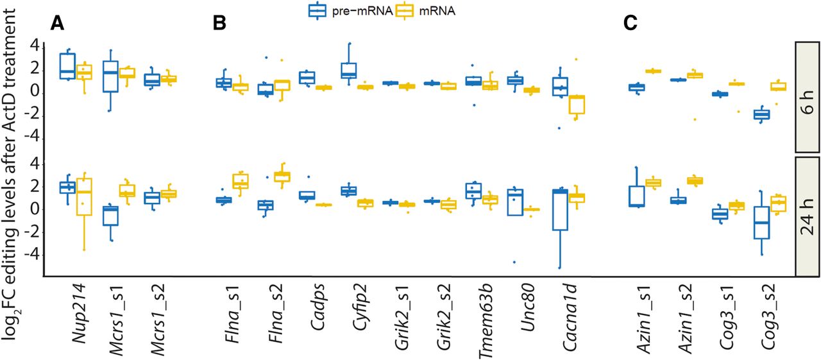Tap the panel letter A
(x=58, y=24)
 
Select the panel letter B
(x=219, y=24)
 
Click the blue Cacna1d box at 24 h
(x=561, y=210)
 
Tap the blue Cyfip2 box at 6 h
(x=349, y=71)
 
